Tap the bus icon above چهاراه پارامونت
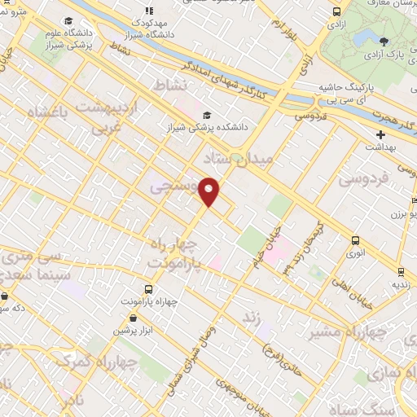click(147, 288)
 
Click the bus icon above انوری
click(354, 240)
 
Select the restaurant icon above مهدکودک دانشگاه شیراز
click(148, 11)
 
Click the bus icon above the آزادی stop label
click(337, 11)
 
